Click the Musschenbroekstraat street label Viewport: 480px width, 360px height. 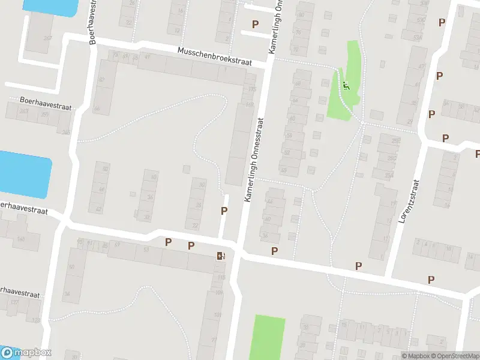(x=222, y=56)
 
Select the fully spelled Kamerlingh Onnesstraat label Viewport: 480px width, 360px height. (x=254, y=159)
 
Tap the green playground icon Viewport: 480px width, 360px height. (x=346, y=86)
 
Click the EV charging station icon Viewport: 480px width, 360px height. (x=221, y=256)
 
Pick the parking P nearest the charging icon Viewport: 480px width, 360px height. (x=191, y=245)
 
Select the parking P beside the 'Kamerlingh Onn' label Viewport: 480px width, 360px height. (x=256, y=24)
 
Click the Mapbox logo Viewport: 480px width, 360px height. (x=26, y=353)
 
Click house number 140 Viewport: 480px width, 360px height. (x=22, y=239)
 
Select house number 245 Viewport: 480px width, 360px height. (x=65, y=133)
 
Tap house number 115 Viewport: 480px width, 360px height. (x=221, y=278)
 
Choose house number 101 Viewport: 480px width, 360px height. (x=217, y=315)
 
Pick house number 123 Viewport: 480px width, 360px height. (x=35, y=320)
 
